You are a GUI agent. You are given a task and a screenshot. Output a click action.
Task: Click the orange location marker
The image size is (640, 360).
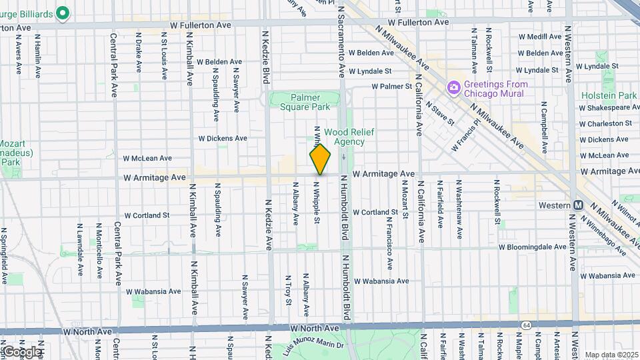[x=321, y=159]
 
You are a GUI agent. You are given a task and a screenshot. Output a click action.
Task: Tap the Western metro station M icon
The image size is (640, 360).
[x=579, y=205]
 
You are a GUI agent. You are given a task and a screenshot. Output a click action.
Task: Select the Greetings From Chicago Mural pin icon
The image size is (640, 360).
[x=454, y=88]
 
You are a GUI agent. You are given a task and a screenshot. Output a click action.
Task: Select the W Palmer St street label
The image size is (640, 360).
[x=392, y=86]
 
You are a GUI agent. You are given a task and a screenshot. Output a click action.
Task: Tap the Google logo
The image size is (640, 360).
[x=22, y=351]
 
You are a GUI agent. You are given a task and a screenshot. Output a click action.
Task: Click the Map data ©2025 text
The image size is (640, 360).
[x=611, y=355]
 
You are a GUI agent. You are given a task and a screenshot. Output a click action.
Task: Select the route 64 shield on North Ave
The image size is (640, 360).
[x=527, y=325]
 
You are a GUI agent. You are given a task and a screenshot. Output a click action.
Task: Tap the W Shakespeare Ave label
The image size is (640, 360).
[x=609, y=107]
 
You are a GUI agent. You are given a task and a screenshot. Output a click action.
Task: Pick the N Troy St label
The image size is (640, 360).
[x=288, y=290]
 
